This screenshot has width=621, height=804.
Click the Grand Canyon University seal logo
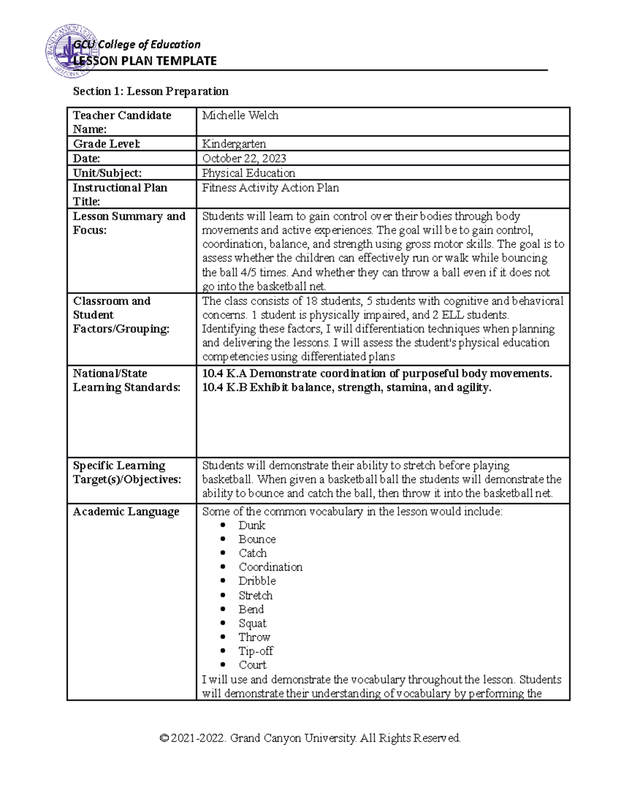point(72,51)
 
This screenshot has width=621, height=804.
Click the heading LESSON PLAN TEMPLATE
point(145,61)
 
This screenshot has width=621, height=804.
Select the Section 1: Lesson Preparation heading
point(151,92)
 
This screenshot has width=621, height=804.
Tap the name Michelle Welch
point(240,115)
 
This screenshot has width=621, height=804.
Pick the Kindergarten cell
point(234,144)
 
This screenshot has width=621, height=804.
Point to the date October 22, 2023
point(244,158)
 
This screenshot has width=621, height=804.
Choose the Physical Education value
point(248,173)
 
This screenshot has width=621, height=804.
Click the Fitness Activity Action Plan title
point(270,188)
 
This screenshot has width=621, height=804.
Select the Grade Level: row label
point(106,144)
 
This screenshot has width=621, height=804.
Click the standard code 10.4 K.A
point(225,374)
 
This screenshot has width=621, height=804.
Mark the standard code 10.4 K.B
point(225,388)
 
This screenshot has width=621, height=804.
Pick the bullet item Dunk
point(252,525)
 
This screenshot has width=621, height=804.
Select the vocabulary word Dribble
point(257,581)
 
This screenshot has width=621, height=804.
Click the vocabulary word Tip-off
point(256,651)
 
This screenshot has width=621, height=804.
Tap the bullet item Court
point(253,665)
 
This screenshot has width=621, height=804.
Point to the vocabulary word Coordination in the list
point(270,567)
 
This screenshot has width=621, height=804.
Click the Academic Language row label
point(126,512)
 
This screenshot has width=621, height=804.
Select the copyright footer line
point(310,738)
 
